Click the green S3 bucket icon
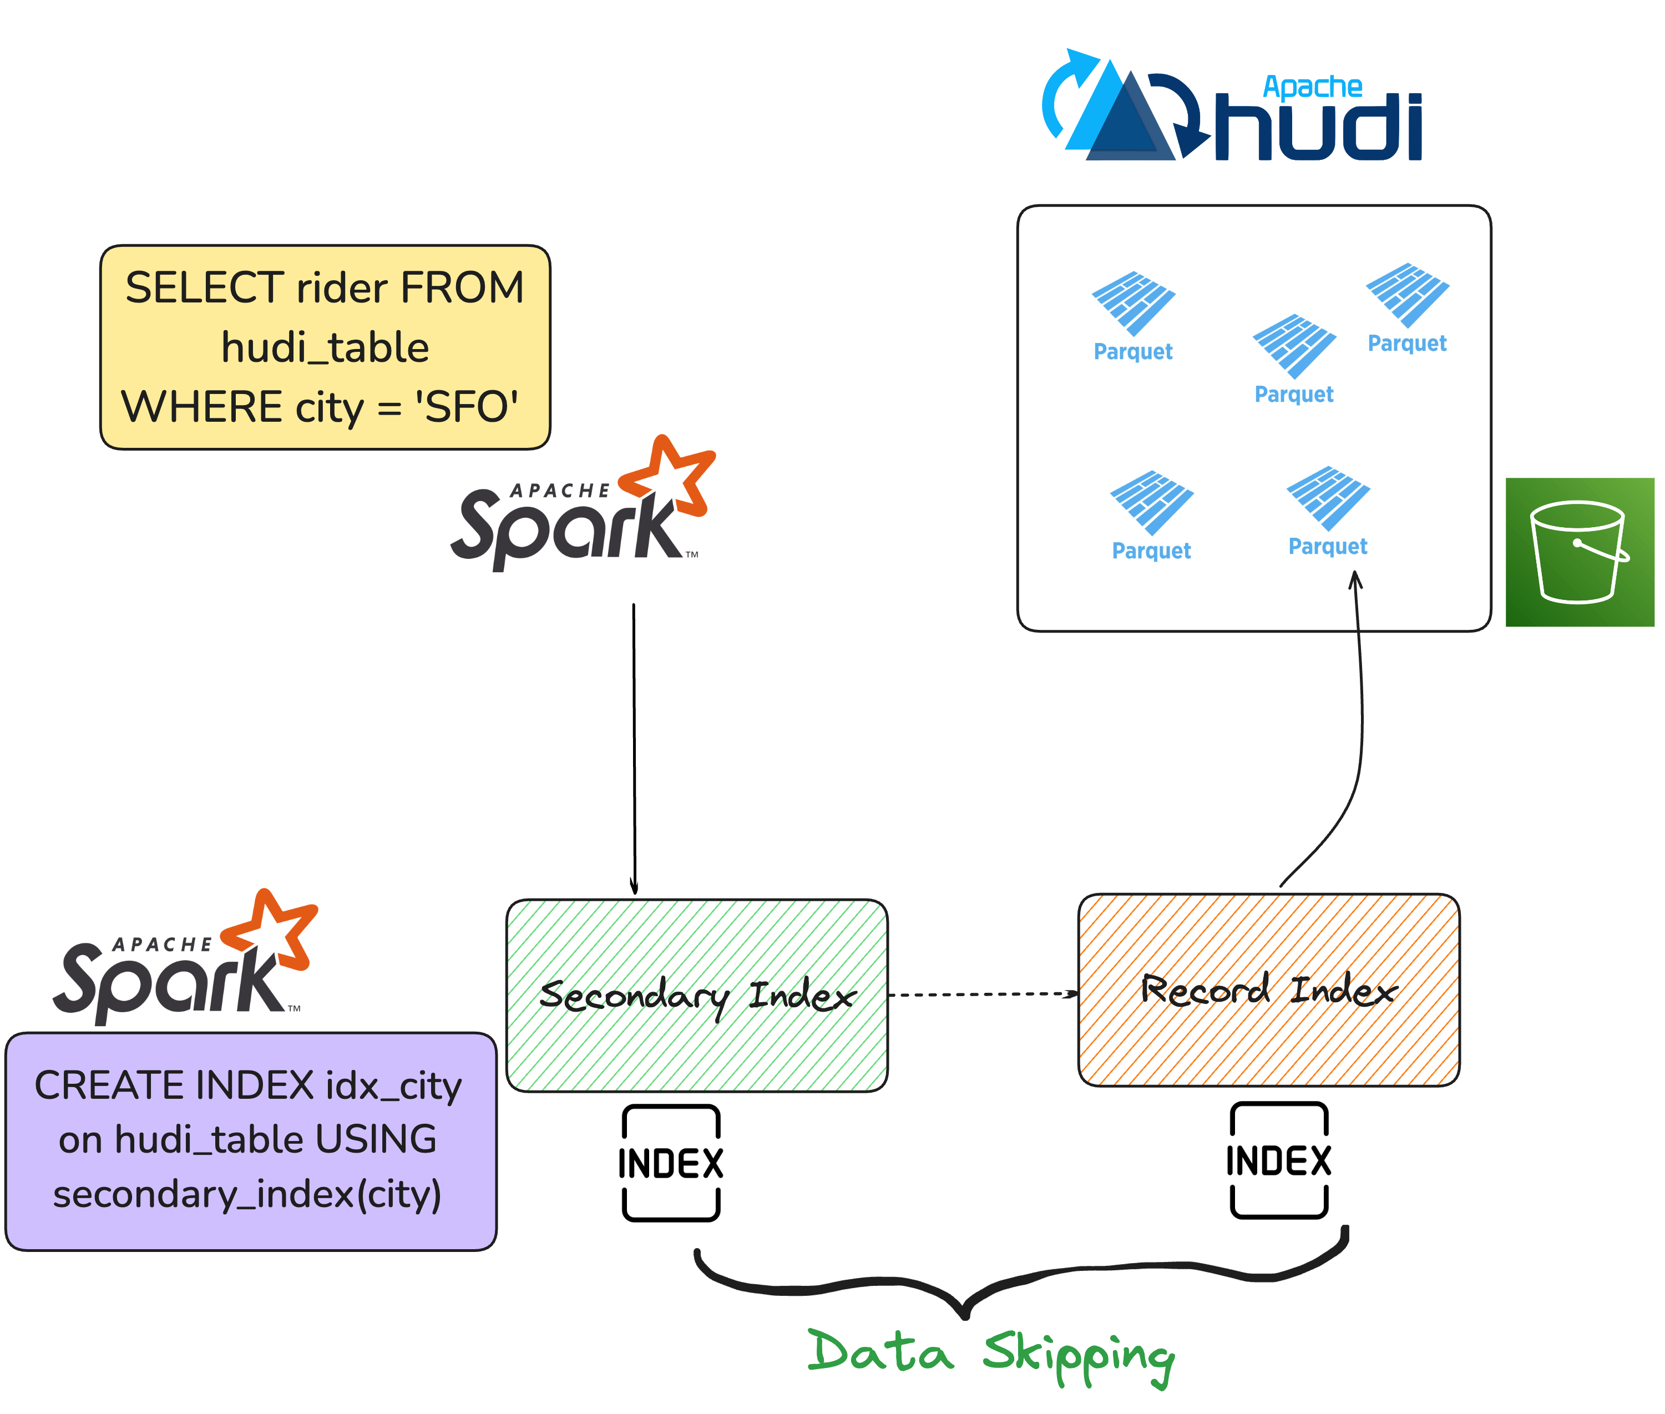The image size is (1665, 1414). click(x=1578, y=552)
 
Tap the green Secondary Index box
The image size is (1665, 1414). click(x=696, y=995)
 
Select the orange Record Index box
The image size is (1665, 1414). click(x=1268, y=990)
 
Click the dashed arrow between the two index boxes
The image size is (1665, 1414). click(x=983, y=995)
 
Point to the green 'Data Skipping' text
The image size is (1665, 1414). click(x=990, y=1353)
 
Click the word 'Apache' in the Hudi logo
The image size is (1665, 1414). click(x=1312, y=87)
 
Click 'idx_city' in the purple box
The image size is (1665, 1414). click(x=393, y=1086)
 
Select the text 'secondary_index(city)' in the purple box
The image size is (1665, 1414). click(x=247, y=1194)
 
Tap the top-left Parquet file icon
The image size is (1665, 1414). click(x=1133, y=303)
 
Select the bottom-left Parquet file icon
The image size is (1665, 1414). click(x=1151, y=503)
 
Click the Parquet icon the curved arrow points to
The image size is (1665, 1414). click(x=1328, y=498)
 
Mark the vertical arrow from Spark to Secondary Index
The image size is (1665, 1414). click(x=634, y=750)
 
